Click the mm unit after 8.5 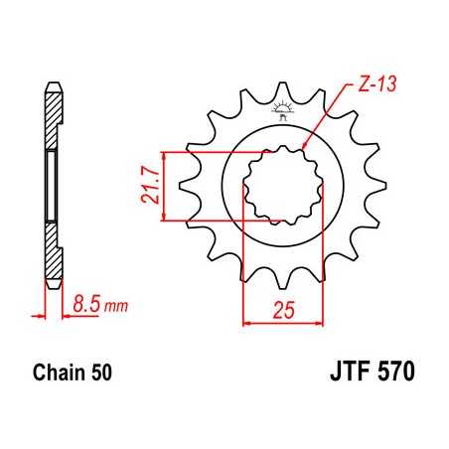[x=117, y=307]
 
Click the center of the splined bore [x=284, y=186]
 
